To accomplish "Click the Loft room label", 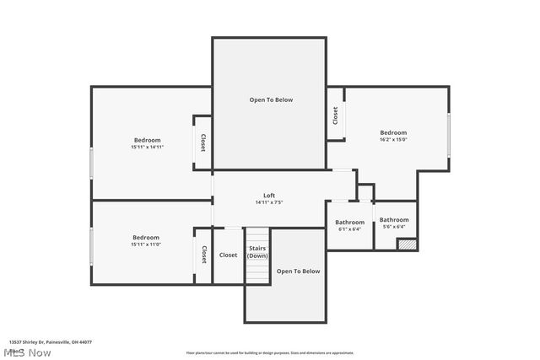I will pyautogui.click(x=269, y=196).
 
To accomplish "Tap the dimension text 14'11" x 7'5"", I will pyautogui.click(x=269, y=202).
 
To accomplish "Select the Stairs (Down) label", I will pyautogui.click(x=257, y=251).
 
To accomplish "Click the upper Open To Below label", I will pyautogui.click(x=271, y=99).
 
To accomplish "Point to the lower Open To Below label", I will pyautogui.click(x=299, y=271).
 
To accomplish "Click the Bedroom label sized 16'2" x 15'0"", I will pyautogui.click(x=393, y=132).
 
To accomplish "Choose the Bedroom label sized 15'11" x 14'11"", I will pyautogui.click(x=147, y=140).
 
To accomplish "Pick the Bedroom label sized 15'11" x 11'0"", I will pyautogui.click(x=146, y=237).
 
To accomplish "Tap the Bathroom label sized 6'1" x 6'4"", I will pyautogui.click(x=350, y=222).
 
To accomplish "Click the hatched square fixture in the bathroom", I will pyautogui.click(x=408, y=244).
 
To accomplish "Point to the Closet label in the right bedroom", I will pyautogui.click(x=335, y=115).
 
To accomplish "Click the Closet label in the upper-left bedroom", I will pyautogui.click(x=202, y=142).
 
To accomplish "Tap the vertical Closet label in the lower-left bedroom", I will pyautogui.click(x=203, y=254).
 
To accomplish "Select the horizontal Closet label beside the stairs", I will pyautogui.click(x=229, y=255).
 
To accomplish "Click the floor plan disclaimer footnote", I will pyautogui.click(x=270, y=353).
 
